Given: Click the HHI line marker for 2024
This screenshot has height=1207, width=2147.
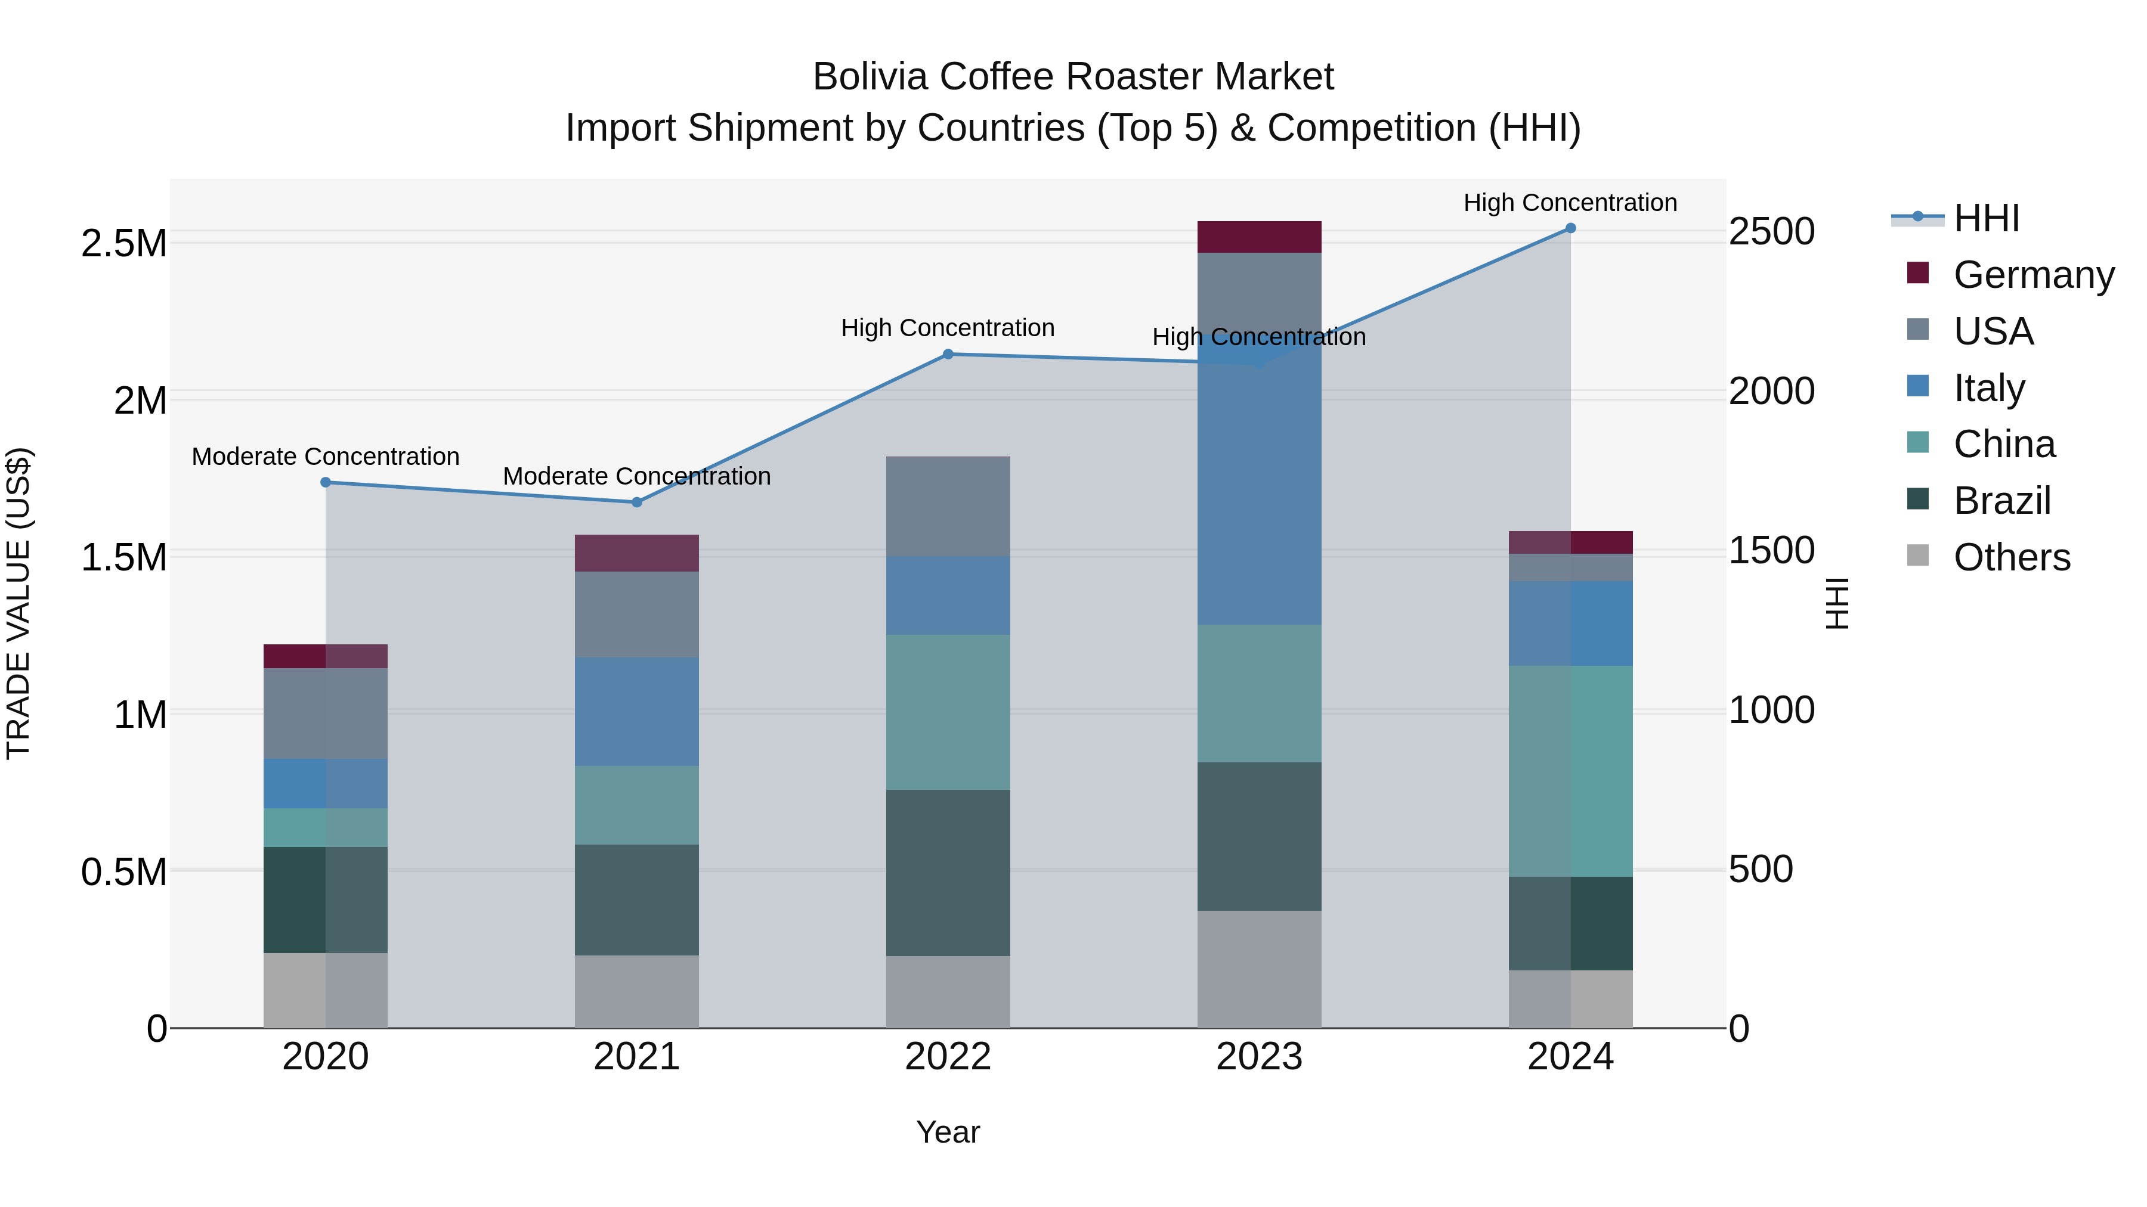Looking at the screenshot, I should coord(1570,228).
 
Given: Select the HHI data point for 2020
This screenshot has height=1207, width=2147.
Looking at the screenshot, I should coord(326,482).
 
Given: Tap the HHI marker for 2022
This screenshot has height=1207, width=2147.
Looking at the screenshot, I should coord(948,354).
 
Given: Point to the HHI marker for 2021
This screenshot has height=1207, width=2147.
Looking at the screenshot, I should coord(637,502).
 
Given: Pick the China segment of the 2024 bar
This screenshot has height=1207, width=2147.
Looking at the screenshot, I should coord(1570,771).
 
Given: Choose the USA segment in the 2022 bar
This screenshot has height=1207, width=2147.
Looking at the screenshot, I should coord(948,507).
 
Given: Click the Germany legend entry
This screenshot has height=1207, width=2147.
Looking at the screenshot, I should coord(2034,275).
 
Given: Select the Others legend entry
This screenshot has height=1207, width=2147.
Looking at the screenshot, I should coord(2011,557).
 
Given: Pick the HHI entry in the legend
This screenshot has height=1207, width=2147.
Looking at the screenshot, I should coord(1986,218).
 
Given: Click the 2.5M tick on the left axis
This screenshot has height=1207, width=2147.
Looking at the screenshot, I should coord(124,243).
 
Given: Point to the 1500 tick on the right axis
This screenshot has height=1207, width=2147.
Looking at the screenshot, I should coord(1771,551).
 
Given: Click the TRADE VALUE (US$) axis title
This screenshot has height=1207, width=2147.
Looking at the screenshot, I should coord(18,603).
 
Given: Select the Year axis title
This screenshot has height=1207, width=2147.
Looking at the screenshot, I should coord(948,1132).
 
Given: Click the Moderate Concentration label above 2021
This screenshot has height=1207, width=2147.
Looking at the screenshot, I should coord(637,476).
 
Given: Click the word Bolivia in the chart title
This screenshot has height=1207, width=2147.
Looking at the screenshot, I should coord(870,77).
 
